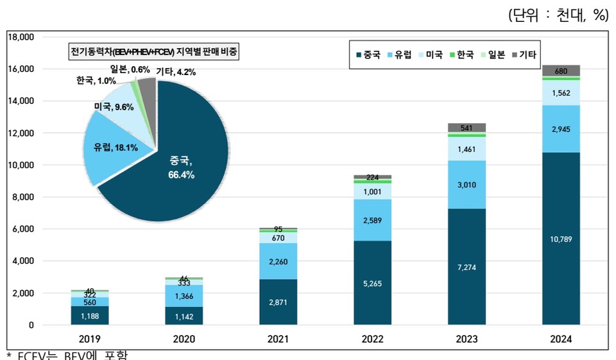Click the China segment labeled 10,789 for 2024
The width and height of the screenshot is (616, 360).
[x=561, y=239]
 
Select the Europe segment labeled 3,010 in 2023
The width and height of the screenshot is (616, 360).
[x=467, y=185]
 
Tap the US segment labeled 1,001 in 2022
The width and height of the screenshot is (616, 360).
[x=372, y=192]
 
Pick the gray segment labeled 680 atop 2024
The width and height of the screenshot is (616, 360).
[x=561, y=71]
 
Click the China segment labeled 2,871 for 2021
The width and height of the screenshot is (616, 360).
[x=278, y=302]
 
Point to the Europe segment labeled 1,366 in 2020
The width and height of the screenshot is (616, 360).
[x=184, y=296]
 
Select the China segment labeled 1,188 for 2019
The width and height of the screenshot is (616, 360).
[x=90, y=315]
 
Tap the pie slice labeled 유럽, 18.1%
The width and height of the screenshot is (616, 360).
[x=116, y=148]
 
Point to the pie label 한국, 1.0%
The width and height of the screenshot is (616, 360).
[x=96, y=81]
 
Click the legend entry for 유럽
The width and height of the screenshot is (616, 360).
[x=398, y=55]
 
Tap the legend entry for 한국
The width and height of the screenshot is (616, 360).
[x=461, y=55]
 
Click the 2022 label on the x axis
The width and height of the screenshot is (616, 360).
[x=372, y=338]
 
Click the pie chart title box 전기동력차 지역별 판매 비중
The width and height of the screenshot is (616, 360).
[x=153, y=52]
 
